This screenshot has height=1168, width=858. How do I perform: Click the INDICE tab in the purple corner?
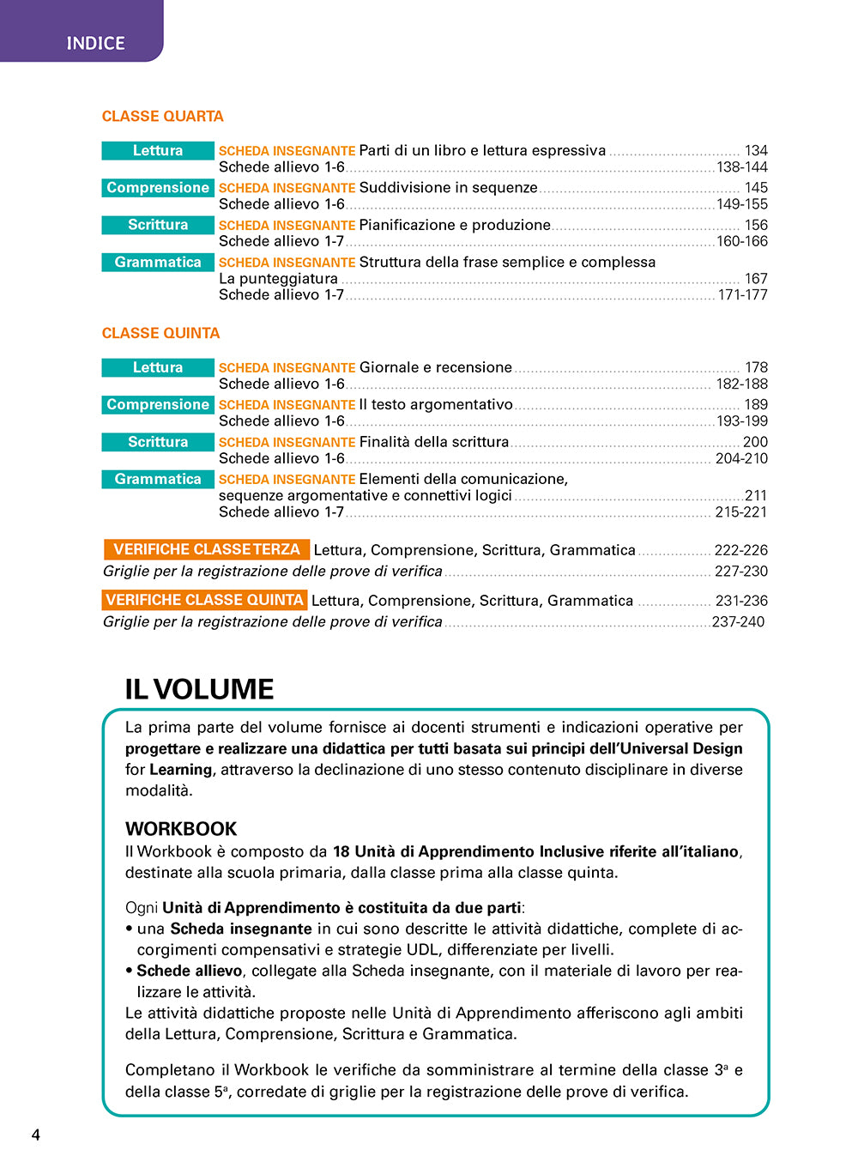click(x=95, y=43)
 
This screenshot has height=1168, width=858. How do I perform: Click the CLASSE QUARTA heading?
click(x=162, y=116)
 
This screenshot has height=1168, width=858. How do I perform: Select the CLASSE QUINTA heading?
click(x=160, y=333)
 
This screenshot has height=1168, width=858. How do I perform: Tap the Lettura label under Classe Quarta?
click(x=158, y=151)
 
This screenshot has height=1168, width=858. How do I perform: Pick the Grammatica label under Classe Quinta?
click(x=158, y=480)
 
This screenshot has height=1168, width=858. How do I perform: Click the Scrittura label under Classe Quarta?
click(x=158, y=225)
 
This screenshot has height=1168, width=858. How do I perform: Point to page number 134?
click(x=756, y=151)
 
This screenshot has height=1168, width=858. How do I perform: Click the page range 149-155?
click(x=742, y=204)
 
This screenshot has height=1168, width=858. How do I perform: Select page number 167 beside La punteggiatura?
click(x=756, y=279)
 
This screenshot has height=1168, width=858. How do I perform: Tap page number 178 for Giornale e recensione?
click(x=756, y=367)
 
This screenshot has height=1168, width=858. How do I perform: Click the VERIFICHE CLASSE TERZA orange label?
click(x=206, y=549)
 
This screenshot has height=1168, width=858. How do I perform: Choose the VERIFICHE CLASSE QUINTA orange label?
click(x=204, y=600)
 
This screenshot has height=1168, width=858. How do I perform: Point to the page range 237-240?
click(x=738, y=622)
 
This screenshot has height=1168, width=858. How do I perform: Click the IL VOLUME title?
click(x=199, y=689)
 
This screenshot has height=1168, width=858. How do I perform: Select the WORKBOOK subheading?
click(x=181, y=829)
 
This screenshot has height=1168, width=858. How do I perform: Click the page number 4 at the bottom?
click(x=36, y=1135)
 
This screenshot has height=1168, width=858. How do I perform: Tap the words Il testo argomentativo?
click(x=436, y=405)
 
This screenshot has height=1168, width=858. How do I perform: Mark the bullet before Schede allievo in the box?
click(x=129, y=971)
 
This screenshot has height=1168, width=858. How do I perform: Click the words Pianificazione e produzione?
click(x=455, y=225)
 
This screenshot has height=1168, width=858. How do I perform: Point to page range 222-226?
click(x=741, y=550)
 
